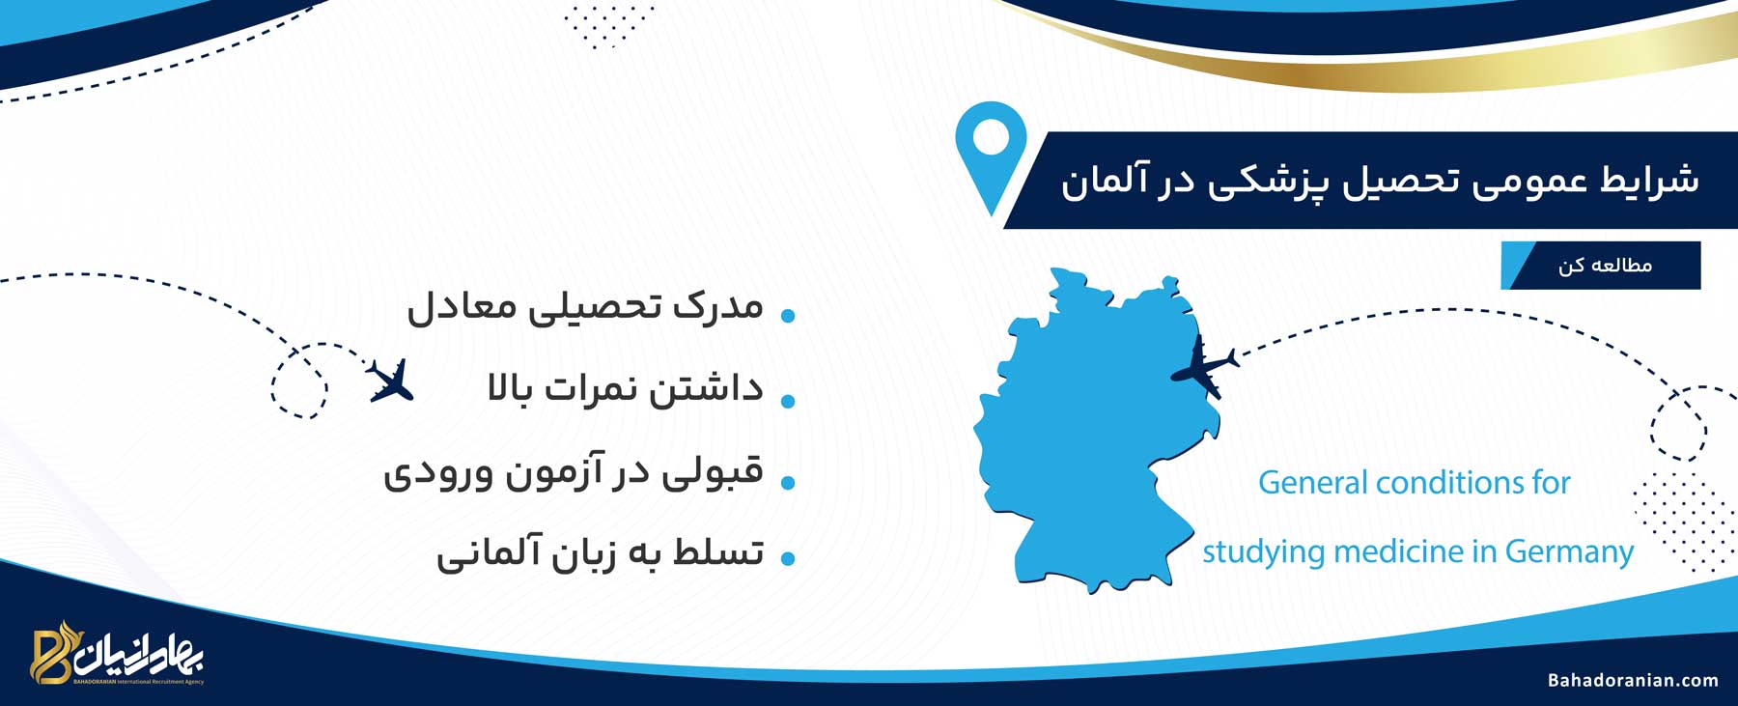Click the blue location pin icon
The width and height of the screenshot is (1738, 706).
[991, 155]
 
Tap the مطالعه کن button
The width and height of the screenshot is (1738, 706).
[1601, 265]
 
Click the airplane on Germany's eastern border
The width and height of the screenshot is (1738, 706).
[1203, 366]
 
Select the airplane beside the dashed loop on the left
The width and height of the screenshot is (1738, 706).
[391, 380]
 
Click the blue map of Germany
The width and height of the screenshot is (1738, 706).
[1096, 435]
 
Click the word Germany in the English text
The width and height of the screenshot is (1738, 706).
[1569, 551]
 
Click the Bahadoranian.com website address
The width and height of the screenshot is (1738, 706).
[1633, 680]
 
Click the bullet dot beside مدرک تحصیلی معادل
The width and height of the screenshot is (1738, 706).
[788, 316]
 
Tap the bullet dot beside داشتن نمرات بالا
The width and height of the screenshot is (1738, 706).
[788, 400]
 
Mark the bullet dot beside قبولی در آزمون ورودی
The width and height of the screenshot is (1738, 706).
[788, 482]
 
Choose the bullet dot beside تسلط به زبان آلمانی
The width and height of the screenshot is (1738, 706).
[788, 558]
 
